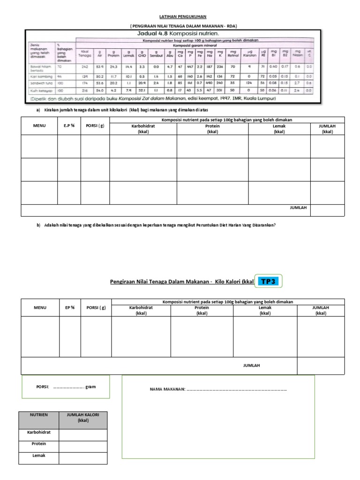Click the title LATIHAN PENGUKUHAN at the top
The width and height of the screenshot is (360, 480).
coord(180,16)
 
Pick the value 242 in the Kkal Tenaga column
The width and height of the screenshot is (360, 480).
coord(85,67)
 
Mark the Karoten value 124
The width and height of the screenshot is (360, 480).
coord(248,82)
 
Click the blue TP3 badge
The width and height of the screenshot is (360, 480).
coord(270,281)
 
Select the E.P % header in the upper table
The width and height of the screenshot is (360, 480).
coord(69,126)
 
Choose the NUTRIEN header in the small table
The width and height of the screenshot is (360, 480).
coord(39,415)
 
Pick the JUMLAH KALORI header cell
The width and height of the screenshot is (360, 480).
coord(83,417)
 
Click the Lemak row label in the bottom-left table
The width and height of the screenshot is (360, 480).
coord(39,455)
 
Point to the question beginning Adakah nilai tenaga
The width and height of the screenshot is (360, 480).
coord(160,225)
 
